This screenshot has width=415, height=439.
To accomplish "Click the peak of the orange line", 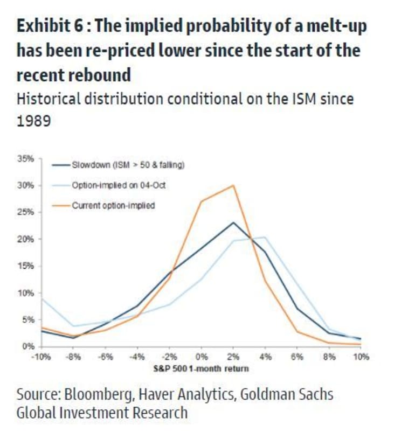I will (233, 186).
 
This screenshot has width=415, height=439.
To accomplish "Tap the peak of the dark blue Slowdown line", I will (233, 222).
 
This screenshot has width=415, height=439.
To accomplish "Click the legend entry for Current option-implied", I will (113, 205).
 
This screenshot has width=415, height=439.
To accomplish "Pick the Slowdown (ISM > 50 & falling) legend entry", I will (128, 164).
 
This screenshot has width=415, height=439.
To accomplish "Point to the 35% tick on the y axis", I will (27, 159).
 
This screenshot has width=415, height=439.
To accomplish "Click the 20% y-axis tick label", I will (27, 239).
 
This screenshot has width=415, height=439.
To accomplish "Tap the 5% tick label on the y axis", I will (29, 319).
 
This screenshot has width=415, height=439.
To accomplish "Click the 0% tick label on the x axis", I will (202, 357).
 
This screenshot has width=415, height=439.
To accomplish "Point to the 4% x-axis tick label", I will (265, 357).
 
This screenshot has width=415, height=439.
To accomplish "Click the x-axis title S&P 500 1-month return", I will (200, 368).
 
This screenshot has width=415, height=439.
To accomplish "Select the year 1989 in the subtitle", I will (33, 121).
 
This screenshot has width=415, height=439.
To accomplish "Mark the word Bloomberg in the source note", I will (95, 395).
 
